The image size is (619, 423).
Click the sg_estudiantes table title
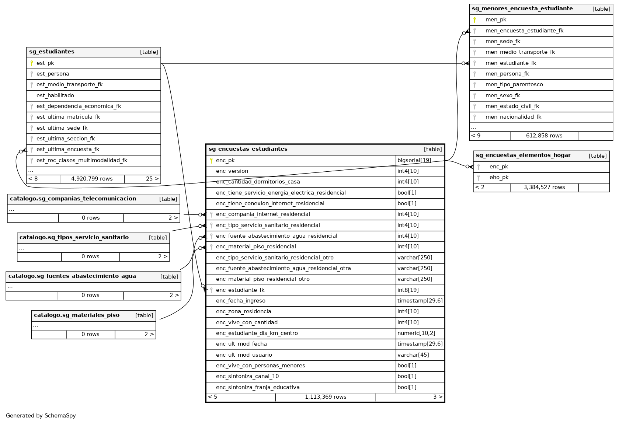[x=52, y=52]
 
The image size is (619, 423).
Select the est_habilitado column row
[x=55, y=95]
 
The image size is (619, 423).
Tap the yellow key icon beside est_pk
[x=32, y=63]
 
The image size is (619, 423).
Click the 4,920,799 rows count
[x=92, y=179]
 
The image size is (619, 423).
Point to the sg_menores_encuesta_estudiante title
[x=522, y=9]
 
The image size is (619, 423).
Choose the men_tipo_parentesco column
[x=514, y=85]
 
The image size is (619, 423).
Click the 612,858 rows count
[x=544, y=136]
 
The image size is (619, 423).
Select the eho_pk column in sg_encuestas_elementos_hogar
[x=499, y=178]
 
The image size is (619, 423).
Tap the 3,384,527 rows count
[x=544, y=188]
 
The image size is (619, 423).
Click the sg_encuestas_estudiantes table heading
[x=248, y=149]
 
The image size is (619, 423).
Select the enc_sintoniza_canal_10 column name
[x=247, y=377]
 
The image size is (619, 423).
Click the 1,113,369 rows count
[x=326, y=397]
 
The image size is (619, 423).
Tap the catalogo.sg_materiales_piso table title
[x=77, y=315]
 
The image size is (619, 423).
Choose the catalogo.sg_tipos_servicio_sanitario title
[x=74, y=238]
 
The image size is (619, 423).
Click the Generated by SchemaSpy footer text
[x=41, y=416]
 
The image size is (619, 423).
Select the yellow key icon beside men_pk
[x=474, y=20]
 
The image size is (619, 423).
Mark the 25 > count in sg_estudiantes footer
[x=152, y=179]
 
